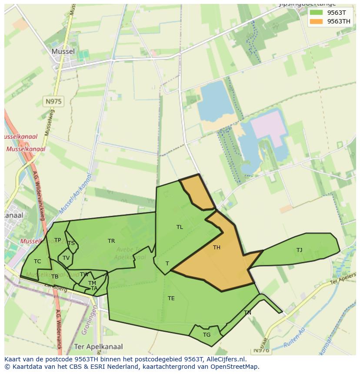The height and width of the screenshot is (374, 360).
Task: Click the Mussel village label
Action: (63, 51)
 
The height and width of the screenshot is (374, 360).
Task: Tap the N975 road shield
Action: (53, 102)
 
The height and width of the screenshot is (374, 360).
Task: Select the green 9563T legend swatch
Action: (316, 13)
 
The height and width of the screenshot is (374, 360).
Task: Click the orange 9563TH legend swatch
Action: (316, 21)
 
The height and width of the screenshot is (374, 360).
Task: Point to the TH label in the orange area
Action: (217, 248)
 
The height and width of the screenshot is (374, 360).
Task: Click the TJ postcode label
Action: (299, 250)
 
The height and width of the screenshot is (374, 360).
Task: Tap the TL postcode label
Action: (180, 227)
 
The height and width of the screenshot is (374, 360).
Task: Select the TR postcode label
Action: (111, 241)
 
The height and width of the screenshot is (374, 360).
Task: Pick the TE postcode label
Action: (171, 298)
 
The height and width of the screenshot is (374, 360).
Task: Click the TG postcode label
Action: (207, 334)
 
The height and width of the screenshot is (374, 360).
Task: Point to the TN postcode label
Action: (247, 313)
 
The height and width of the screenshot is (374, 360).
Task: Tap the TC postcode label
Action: (37, 261)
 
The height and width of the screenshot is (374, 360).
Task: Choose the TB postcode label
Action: (55, 277)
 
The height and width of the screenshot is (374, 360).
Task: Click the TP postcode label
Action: (57, 240)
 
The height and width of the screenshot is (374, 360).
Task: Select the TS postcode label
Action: (71, 243)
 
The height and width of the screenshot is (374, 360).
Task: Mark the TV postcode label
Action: (66, 258)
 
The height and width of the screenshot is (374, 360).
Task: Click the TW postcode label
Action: (84, 275)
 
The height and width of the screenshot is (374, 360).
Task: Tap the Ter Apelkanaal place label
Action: (99, 347)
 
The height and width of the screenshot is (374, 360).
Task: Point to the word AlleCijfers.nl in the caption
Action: (226, 359)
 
